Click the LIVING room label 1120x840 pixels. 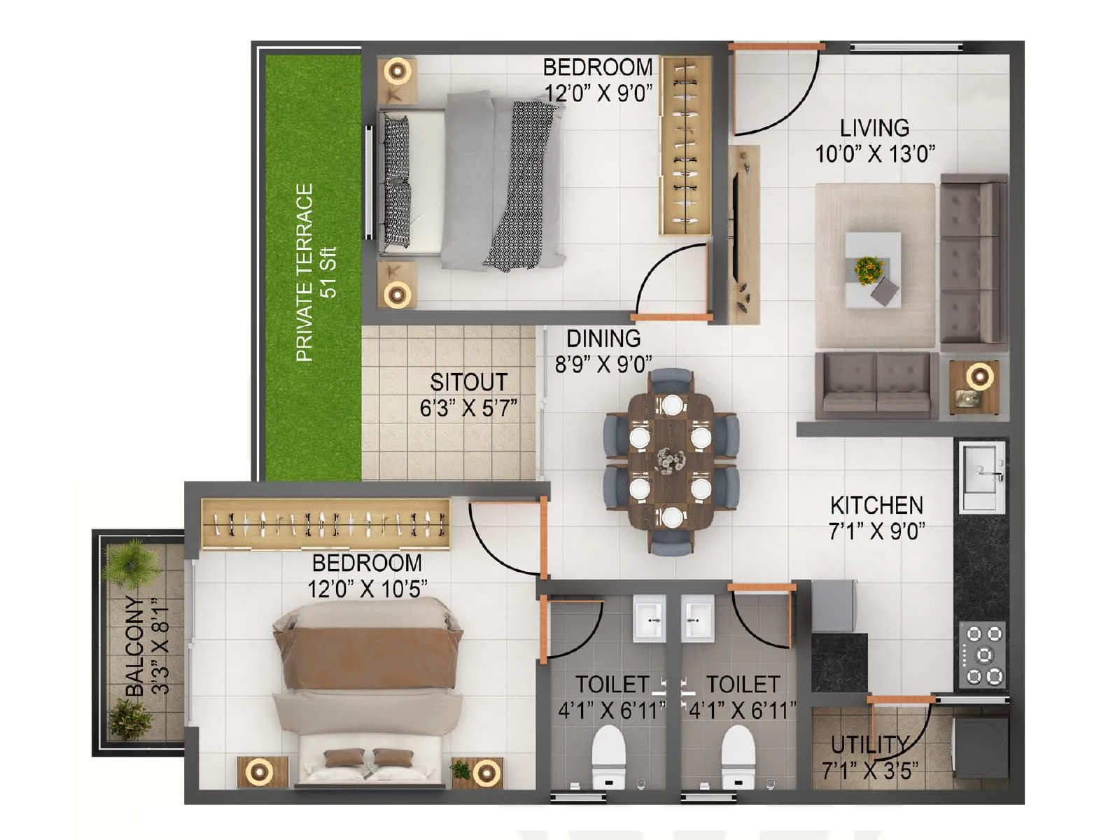[x=874, y=128]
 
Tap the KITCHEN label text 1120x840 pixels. [x=876, y=505]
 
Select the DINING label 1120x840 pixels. [x=603, y=339]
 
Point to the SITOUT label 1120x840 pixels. [x=468, y=382]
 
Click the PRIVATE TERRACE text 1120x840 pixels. [x=304, y=272]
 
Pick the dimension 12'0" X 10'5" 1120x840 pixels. [x=367, y=589]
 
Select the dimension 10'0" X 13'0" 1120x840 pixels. [x=875, y=154]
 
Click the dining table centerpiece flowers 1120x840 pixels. [x=671, y=461]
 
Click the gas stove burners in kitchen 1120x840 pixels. [x=983, y=655]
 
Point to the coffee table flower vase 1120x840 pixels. [x=869, y=268]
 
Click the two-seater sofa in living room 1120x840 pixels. [x=876, y=384]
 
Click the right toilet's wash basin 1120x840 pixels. [x=698, y=618]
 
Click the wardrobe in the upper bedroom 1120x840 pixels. [x=685, y=146]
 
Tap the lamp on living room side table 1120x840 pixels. [x=980, y=377]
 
